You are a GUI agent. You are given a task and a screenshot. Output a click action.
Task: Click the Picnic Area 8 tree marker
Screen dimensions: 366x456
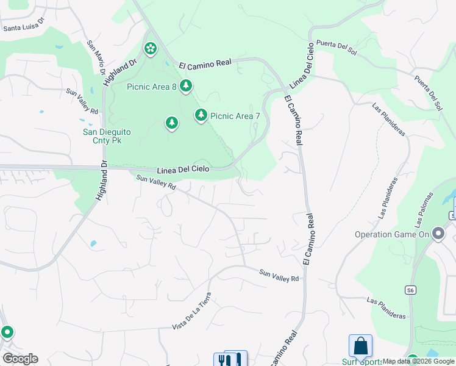[x=185, y=87]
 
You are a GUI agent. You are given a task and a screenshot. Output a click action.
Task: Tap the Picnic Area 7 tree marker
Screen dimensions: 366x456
[x=201, y=115]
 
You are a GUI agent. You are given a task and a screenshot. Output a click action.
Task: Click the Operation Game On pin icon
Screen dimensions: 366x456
[x=438, y=234]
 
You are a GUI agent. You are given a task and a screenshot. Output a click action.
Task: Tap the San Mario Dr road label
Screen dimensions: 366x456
[x=95, y=59]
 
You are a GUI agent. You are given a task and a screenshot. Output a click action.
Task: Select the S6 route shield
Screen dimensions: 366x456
[x=411, y=290]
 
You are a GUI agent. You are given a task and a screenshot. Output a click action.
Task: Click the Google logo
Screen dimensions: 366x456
[x=20, y=359]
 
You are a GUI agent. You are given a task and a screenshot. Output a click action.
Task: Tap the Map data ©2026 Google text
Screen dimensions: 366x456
[x=419, y=361]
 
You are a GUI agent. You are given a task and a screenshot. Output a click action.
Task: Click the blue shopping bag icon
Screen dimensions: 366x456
[x=360, y=346]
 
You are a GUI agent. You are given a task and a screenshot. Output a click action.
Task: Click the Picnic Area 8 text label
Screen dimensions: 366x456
[x=151, y=87]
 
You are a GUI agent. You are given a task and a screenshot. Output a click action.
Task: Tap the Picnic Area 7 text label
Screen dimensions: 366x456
[x=235, y=115]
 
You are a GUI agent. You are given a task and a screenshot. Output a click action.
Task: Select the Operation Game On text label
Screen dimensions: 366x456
[x=393, y=234]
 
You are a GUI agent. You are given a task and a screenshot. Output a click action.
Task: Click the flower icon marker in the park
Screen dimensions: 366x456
[x=150, y=48]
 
